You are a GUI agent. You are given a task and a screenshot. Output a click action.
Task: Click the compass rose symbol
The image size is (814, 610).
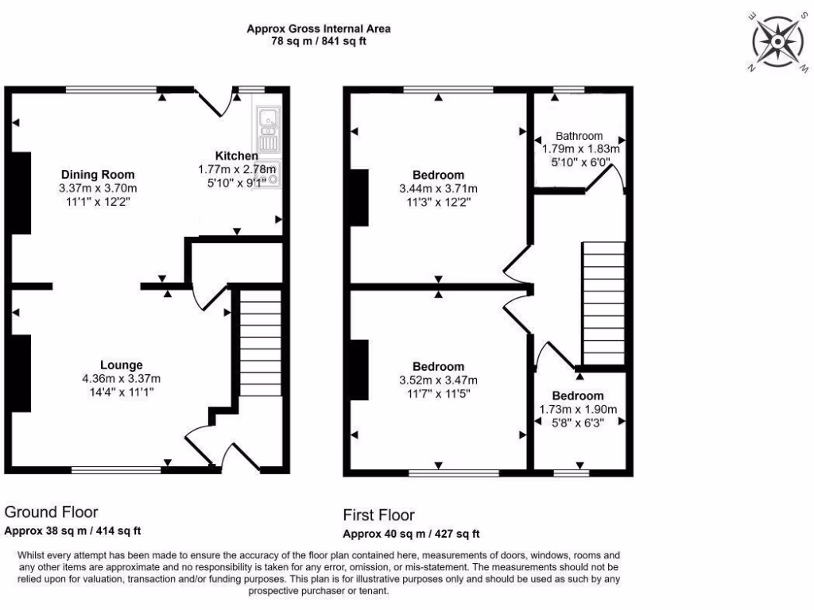point(774,40)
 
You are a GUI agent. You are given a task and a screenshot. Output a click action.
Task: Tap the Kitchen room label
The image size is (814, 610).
point(236,156)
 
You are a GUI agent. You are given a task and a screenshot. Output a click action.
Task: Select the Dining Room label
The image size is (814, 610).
point(98,175)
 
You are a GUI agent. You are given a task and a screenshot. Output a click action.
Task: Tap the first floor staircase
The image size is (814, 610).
point(604,302)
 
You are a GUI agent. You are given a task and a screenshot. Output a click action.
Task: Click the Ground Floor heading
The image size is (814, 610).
point(52,512)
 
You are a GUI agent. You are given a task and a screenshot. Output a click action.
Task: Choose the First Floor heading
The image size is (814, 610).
point(378,515)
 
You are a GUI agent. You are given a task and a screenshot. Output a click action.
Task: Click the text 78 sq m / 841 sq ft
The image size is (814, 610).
point(318,42)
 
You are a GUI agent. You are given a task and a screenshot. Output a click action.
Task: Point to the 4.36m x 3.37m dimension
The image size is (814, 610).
point(121,379)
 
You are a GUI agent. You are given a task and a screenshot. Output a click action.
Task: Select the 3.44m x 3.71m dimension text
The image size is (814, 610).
point(438,189)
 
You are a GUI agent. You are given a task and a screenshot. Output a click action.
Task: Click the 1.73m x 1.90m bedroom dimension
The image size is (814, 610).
point(578,409)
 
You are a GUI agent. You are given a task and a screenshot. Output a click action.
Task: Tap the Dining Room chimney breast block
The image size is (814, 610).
point(21,193)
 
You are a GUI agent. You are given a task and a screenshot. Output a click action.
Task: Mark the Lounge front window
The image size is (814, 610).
point(116,470)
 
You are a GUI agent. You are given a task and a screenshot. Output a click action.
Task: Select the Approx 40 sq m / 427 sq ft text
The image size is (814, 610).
point(411,534)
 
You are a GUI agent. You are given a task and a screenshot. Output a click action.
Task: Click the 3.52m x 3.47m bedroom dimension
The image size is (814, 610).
point(438,380)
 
